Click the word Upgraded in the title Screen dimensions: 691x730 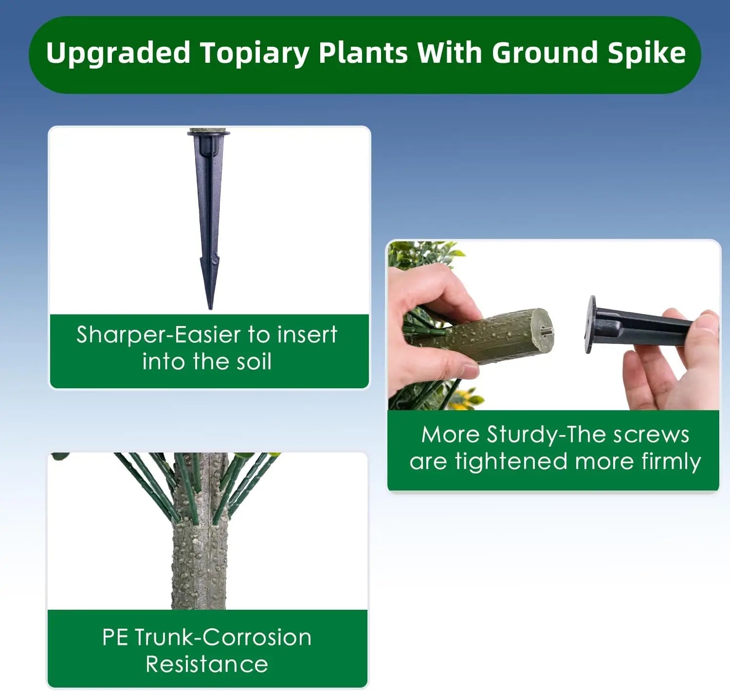pyautogui.click(x=118, y=53)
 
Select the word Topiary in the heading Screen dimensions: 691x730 pyautogui.click(x=255, y=53)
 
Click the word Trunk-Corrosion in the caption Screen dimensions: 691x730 pyautogui.click(x=223, y=637)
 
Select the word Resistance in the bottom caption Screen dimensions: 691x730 pyautogui.click(x=207, y=664)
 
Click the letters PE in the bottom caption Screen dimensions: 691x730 pyautogui.click(x=115, y=637)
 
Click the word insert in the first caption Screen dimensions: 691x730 pyautogui.click(x=307, y=335)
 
